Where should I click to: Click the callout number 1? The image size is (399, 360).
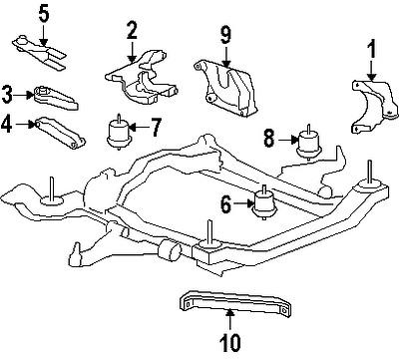[x=371, y=47]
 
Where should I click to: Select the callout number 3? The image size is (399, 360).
[x=9, y=96]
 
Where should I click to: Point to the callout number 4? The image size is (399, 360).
[x=9, y=126]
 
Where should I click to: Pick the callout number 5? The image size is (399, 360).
[x=16, y=14]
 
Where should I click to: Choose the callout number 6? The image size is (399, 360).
[x=225, y=204]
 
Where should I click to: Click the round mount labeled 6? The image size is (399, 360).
[x=263, y=202]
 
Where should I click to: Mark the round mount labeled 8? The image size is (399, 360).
[x=310, y=142]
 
